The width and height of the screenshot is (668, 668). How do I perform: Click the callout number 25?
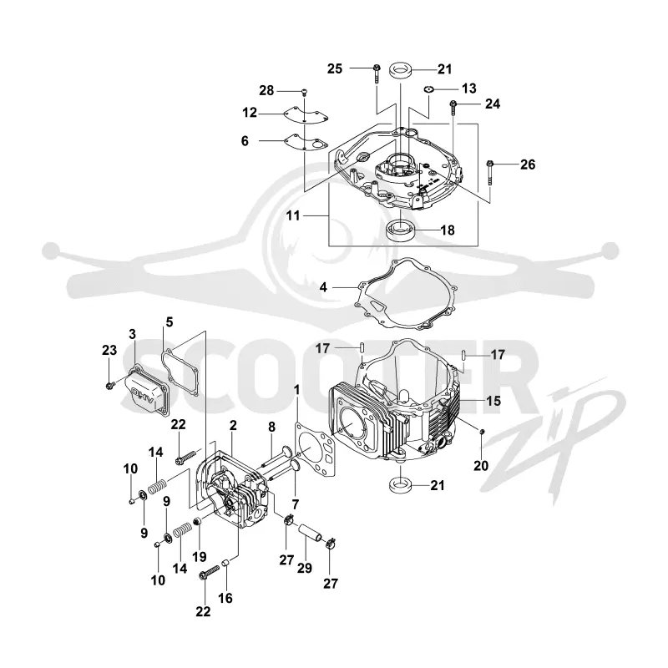(x=335, y=68)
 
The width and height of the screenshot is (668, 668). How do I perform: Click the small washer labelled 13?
(x=428, y=89)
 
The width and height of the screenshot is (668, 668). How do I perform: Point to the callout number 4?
(x=323, y=287)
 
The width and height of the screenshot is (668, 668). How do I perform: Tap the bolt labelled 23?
(x=109, y=386)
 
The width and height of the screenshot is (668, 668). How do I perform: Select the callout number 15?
(x=493, y=401)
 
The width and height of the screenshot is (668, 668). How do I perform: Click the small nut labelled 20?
(x=482, y=433)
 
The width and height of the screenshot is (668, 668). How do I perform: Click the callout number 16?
(x=225, y=598)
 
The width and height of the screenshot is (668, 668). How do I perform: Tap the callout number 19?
(x=200, y=556)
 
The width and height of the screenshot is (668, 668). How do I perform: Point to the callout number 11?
(x=293, y=215)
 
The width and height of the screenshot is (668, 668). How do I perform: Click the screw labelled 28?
(x=305, y=92)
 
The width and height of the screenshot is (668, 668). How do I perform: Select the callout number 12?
(x=250, y=113)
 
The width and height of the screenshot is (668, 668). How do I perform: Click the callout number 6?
(x=245, y=141)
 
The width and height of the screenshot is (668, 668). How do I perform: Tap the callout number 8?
(x=272, y=427)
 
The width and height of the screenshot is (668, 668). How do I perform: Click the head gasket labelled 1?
(x=315, y=452)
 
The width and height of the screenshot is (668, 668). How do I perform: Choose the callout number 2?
(x=233, y=425)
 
